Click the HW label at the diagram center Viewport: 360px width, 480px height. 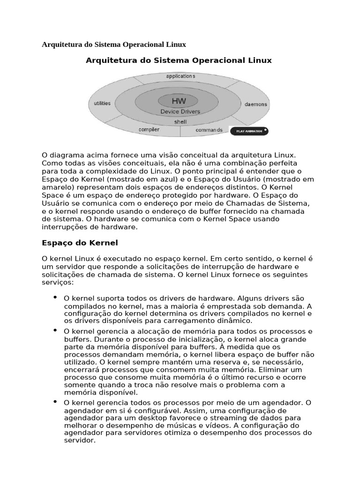click(179, 101)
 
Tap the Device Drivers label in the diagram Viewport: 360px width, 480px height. click(180, 112)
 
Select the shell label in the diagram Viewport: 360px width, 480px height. click(180, 121)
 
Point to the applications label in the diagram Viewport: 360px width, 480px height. click(180, 76)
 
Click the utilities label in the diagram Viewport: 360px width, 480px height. click(102, 103)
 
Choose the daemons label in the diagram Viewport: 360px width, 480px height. click(256, 104)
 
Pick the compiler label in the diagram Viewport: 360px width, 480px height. click(149, 129)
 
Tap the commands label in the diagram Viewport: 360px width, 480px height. click(209, 130)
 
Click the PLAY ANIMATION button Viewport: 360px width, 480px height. click(249, 131)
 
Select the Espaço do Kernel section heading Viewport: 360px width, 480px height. click(80, 243)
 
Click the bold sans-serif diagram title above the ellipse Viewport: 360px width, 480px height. click(179, 60)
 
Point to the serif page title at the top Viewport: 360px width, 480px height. click(114, 45)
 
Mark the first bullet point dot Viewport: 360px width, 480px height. click(55, 297)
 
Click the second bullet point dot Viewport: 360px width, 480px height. click(55, 330)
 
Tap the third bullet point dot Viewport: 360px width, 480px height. click(55, 402)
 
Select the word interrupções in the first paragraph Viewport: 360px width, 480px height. click(64, 227)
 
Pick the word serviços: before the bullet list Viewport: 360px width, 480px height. click(58, 283)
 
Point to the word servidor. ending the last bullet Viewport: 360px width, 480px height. click(80, 441)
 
